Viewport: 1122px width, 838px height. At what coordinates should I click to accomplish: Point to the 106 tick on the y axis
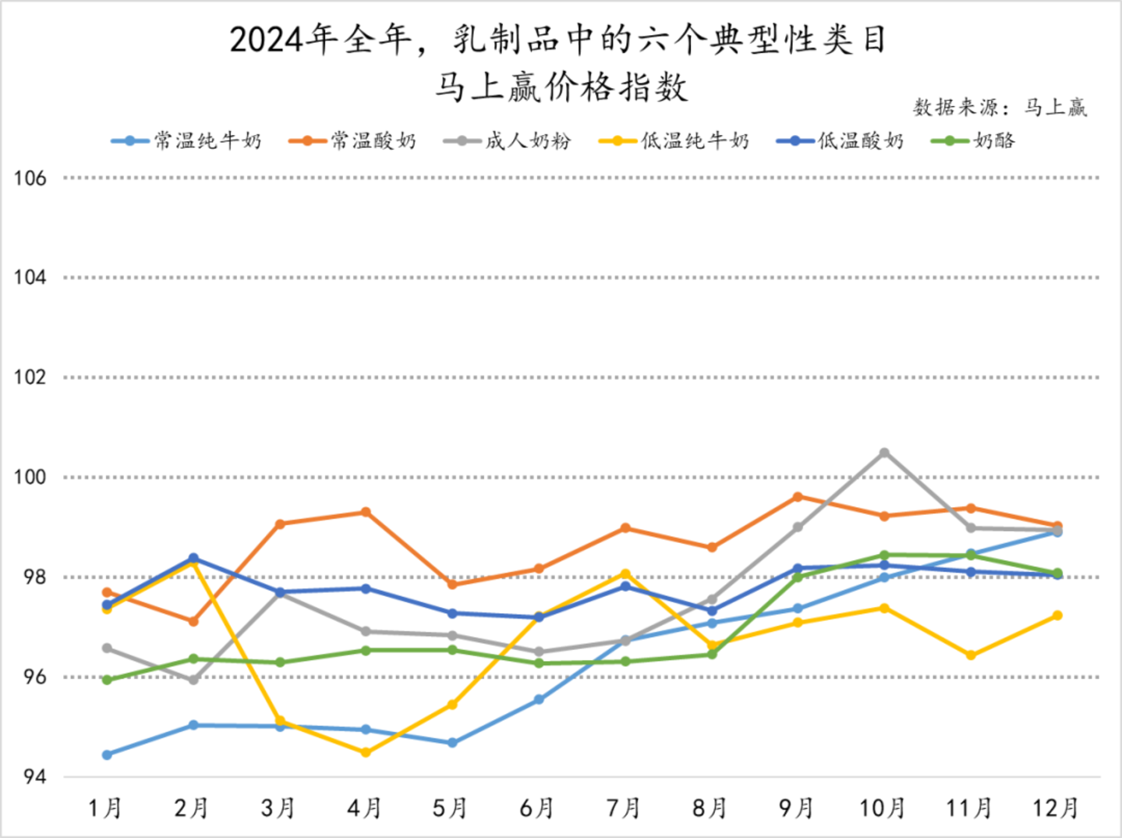[x=30, y=178]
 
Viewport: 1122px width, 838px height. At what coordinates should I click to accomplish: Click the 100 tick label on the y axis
[x=30, y=477]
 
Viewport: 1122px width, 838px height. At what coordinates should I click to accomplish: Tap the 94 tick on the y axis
[x=34, y=776]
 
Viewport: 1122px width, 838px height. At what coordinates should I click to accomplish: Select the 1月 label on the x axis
[x=105, y=808]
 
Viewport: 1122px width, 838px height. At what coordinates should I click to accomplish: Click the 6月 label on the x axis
[x=537, y=808]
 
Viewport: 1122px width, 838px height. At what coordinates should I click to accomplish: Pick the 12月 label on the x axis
[x=1056, y=808]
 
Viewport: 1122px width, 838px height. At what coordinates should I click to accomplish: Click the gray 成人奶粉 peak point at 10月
[x=884, y=453]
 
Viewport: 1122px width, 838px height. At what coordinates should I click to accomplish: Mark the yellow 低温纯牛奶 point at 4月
[x=366, y=752]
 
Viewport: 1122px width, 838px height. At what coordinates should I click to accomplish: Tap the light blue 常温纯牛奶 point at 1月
[x=107, y=755]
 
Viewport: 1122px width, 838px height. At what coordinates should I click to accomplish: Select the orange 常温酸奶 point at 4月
[x=366, y=512]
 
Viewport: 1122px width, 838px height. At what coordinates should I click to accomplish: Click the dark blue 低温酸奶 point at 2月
[x=193, y=558]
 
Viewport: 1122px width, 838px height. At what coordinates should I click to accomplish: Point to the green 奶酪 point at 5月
[x=452, y=650]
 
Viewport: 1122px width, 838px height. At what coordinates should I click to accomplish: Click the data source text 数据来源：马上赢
[x=1000, y=107]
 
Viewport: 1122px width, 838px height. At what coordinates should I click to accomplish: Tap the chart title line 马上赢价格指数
[x=561, y=87]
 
